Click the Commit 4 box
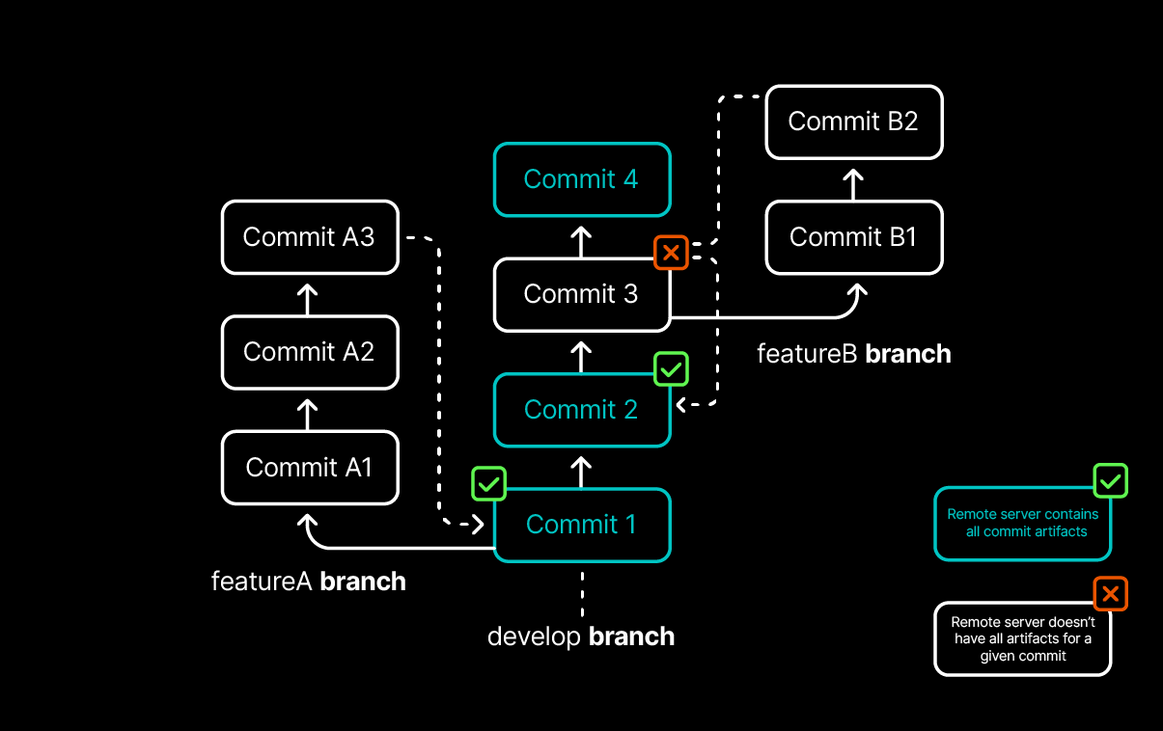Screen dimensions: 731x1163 [x=581, y=179]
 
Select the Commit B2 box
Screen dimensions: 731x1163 [x=853, y=122]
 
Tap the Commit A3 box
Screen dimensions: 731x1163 [x=309, y=237]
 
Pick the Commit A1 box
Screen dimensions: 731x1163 [x=309, y=468]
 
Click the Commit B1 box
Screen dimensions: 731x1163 [x=853, y=237]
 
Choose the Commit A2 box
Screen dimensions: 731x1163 [x=309, y=352]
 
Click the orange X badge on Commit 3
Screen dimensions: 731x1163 [x=672, y=254]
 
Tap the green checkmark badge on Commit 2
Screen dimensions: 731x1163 [x=672, y=368]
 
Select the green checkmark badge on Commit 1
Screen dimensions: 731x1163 [x=488, y=484]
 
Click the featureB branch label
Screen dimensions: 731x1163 [x=853, y=354]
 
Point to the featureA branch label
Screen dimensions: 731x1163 [x=309, y=582]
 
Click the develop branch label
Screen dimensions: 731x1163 [x=581, y=636]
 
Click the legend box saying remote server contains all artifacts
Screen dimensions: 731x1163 [x=1023, y=524]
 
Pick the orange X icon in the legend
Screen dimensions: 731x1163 [x=1110, y=594]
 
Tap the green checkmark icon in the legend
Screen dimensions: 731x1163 [x=1110, y=480]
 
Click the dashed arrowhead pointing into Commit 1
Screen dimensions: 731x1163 [x=477, y=525]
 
